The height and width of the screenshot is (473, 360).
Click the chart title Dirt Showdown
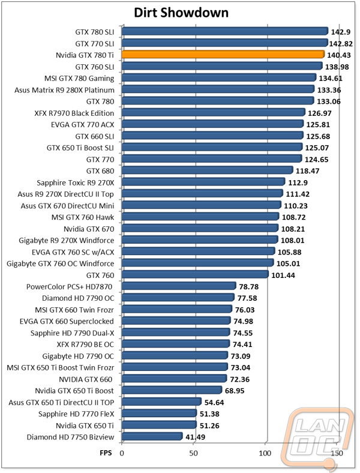(181, 13)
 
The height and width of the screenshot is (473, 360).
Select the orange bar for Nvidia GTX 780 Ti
(223, 54)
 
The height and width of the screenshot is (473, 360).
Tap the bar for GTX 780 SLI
(225, 31)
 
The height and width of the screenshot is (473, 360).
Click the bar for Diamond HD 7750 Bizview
(152, 436)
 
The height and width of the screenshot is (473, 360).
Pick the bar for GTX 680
(208, 170)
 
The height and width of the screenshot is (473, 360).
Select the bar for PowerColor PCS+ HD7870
(179, 286)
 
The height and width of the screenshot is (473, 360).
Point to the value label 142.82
(341, 44)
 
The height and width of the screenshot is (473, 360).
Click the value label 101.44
(283, 275)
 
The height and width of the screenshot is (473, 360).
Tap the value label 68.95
(235, 391)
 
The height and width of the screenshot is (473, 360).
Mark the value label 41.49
(196, 437)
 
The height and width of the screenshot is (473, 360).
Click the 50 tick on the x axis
(193, 453)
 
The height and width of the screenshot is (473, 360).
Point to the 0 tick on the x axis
(122, 453)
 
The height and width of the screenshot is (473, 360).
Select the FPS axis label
(106, 453)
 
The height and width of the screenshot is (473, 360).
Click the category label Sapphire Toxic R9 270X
(76, 183)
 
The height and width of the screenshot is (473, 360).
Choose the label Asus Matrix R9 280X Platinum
(65, 90)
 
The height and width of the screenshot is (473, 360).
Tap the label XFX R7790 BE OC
(85, 345)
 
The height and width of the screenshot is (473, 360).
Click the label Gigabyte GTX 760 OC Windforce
(61, 264)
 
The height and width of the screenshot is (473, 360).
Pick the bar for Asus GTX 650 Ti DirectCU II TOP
(161, 402)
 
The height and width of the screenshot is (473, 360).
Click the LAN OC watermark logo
(318, 439)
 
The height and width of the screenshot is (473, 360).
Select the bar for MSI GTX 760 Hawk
(200, 216)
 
